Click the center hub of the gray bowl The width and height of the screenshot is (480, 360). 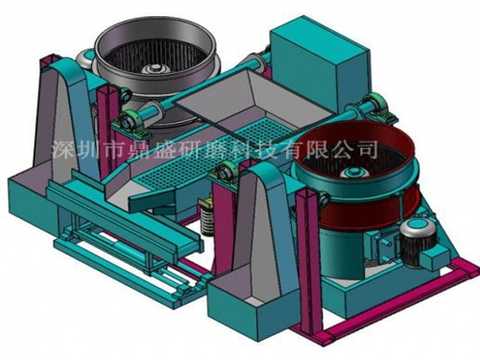[x=156, y=69]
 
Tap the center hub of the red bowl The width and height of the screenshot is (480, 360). [x=353, y=173]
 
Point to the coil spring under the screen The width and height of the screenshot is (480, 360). [x=206, y=220]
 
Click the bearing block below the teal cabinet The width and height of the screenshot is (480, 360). [x=377, y=108]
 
